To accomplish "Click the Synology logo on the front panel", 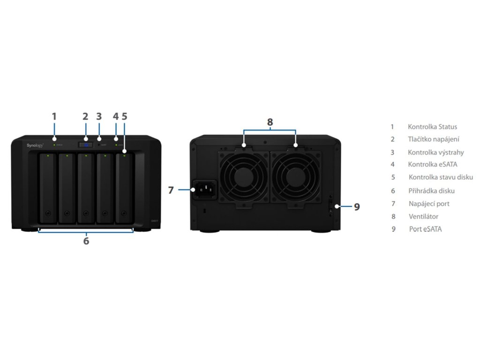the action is click(35, 146).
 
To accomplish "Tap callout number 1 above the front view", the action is click(54, 116).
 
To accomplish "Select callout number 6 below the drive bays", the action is click(86, 241).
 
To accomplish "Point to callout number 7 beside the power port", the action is click(171, 190).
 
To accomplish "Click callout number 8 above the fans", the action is click(270, 122).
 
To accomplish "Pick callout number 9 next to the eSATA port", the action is click(357, 207).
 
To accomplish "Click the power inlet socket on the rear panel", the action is click(205, 189).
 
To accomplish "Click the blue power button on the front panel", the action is click(86, 145).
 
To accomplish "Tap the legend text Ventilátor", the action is click(423, 217).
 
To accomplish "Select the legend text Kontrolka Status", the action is click(432, 127).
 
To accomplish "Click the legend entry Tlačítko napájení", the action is click(434, 139).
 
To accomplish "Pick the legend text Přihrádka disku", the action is click(431, 191).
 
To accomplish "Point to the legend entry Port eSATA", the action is click(425, 229).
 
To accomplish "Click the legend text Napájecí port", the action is click(429, 203).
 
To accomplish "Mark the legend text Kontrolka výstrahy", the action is click(436, 152).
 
